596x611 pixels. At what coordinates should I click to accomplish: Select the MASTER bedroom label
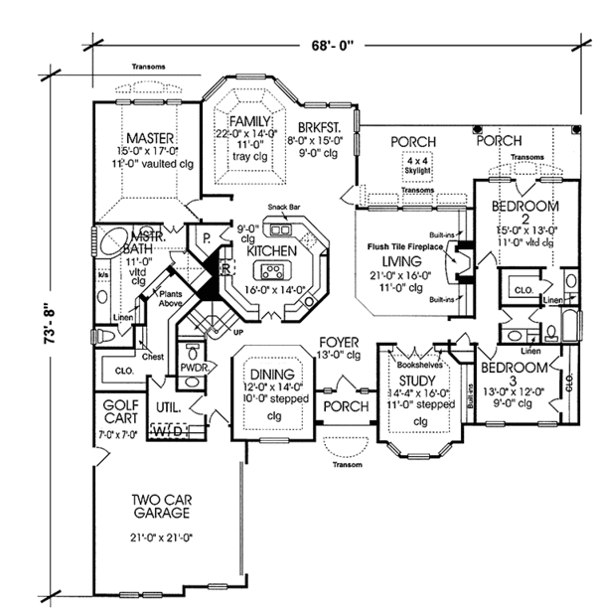coord(151,137)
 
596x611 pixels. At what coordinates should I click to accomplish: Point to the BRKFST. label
coord(316,128)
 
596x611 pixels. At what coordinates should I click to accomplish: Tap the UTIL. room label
coord(167,407)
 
